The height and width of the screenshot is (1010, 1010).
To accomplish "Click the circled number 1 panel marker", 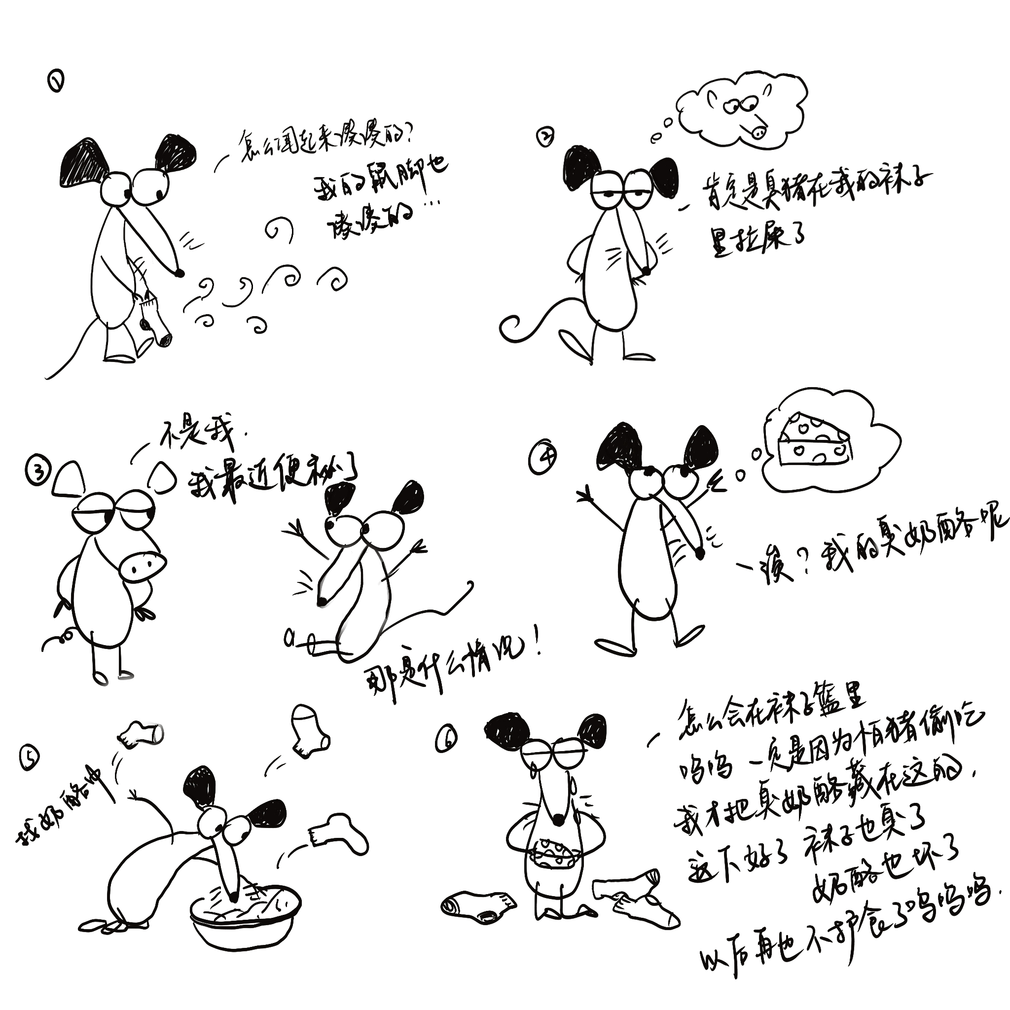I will pyautogui.click(x=56, y=81).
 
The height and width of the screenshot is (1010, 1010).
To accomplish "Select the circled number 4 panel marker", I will pyautogui.click(x=542, y=459).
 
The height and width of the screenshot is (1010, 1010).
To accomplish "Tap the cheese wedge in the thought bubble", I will pyautogui.click(x=813, y=439).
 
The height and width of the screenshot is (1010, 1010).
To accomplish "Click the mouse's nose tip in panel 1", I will pyautogui.click(x=180, y=273).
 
